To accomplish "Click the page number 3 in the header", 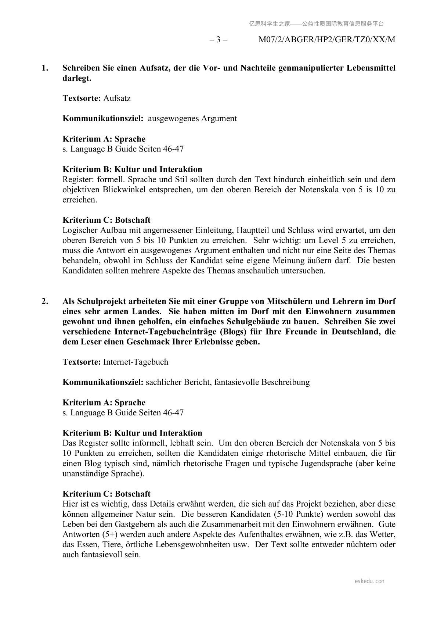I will click(x=218, y=40).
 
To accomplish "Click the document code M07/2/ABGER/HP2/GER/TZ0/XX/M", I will click(x=326, y=40).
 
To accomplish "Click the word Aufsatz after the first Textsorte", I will click(x=117, y=99).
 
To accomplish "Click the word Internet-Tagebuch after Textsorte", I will click(x=136, y=362).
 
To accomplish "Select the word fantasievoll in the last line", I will click(x=118, y=555).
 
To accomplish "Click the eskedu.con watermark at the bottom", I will click(x=369, y=581).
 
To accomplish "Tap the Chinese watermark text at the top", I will click(x=316, y=24).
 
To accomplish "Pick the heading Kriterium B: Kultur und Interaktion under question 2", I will click(x=132, y=433).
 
